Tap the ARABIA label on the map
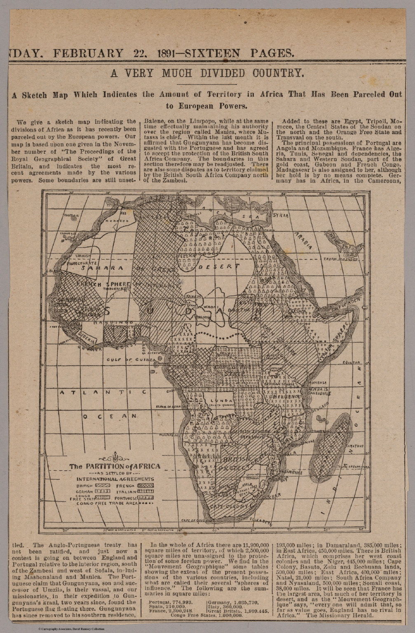pos(303,241)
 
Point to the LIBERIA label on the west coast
pos(87,340)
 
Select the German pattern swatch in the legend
pos(103,492)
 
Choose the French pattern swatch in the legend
pos(147,486)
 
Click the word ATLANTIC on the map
pos(103,392)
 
